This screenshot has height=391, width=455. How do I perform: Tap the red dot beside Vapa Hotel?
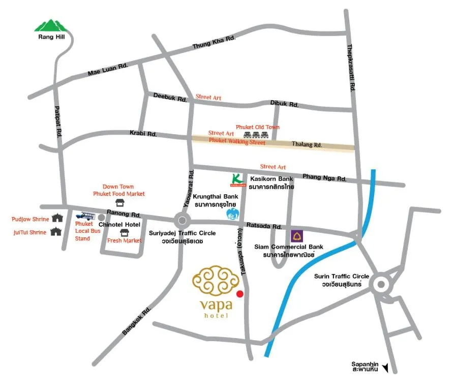click(240, 293)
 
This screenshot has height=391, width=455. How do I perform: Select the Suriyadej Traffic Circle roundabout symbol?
click(182, 221)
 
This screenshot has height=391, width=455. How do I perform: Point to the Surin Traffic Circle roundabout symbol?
click(381, 285)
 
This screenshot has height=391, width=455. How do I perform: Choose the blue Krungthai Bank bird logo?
click(232, 214)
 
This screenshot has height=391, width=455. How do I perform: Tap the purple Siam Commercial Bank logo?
click(297, 236)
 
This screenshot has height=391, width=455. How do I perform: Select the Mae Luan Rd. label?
click(108, 70)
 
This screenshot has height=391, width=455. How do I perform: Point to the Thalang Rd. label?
click(307, 145)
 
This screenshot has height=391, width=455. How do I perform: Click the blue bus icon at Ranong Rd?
click(86, 216)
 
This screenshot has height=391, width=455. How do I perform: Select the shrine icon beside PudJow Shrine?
click(56, 219)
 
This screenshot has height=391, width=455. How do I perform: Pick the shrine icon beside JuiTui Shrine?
click(56, 232)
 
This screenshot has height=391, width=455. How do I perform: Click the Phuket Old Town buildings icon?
click(256, 135)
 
